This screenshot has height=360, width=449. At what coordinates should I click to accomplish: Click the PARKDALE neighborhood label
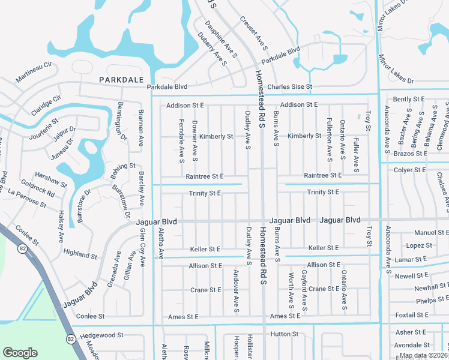121,80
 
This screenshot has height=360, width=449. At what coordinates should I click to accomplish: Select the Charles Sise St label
290,87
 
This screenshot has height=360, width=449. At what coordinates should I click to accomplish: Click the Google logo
20,353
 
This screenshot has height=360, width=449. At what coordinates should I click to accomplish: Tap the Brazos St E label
409,154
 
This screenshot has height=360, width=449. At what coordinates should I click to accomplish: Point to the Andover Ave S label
236,291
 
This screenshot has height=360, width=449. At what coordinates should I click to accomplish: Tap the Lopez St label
419,245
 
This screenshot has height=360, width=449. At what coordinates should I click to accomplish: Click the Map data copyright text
424,355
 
